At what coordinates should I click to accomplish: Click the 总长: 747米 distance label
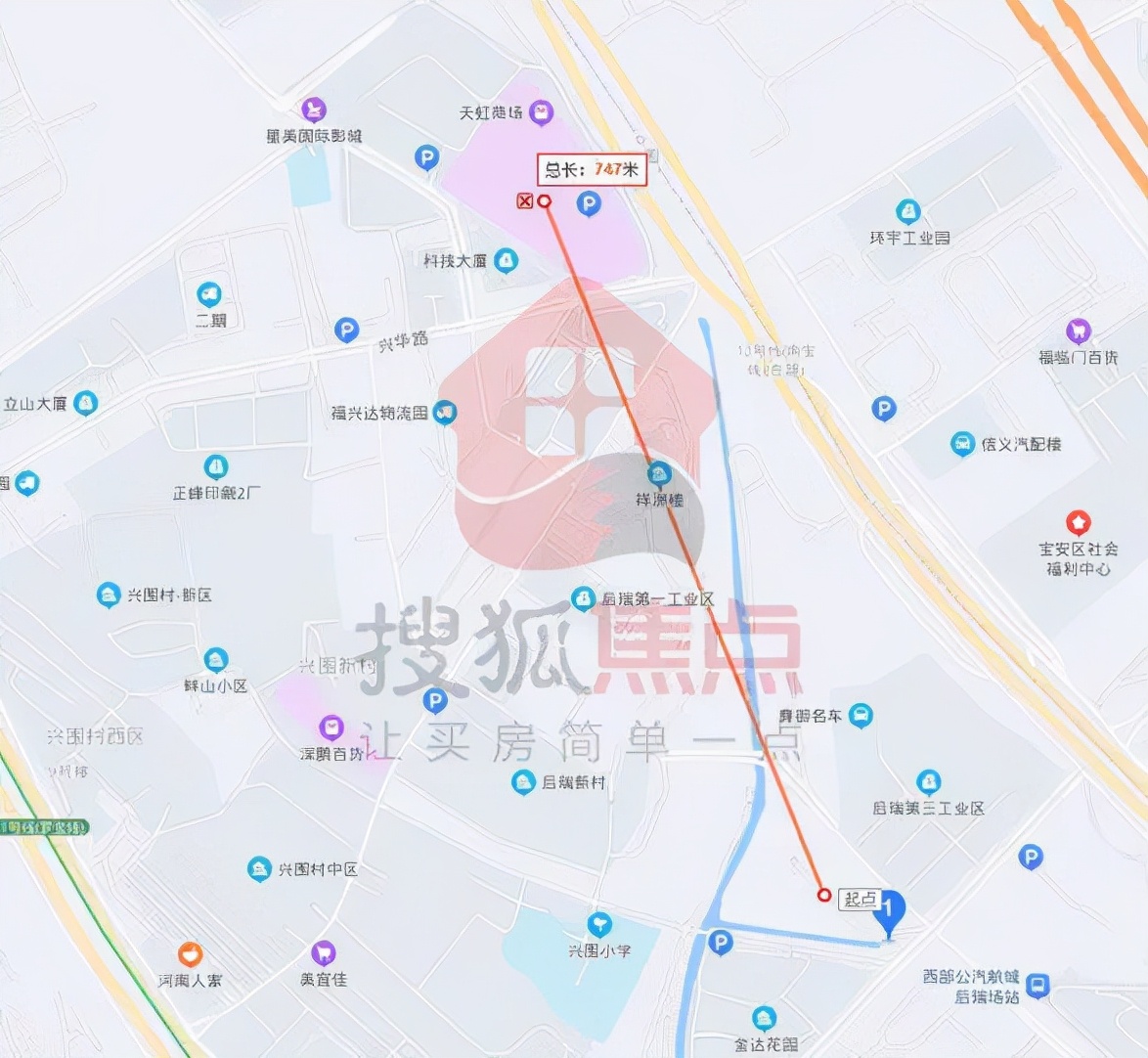(592, 169)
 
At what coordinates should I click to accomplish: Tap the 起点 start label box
(861, 899)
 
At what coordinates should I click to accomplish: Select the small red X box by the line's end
(525, 201)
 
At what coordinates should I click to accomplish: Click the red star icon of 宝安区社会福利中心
(1078, 521)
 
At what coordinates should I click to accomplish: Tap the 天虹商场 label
(491, 113)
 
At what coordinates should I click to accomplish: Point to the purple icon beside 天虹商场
(541, 113)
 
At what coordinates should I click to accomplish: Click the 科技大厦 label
(455, 261)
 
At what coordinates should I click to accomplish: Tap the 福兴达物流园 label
(379, 414)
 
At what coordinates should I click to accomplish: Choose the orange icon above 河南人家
(190, 953)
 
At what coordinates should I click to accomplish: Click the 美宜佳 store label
(324, 979)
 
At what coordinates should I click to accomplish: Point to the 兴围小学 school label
(599, 949)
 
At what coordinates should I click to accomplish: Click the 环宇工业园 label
(909, 238)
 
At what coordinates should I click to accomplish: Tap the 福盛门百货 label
(1078, 358)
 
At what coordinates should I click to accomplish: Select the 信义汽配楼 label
(1021, 444)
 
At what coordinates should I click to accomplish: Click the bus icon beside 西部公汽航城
(1038, 986)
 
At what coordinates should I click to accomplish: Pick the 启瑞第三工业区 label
(928, 809)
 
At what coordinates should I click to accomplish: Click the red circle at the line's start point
(824, 895)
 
